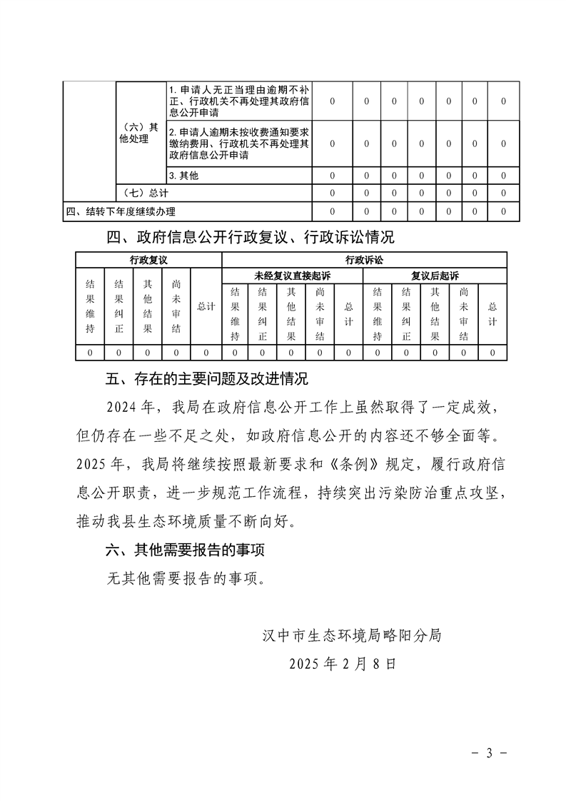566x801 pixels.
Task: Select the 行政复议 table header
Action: coord(148,261)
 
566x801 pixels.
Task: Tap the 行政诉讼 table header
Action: coord(364,261)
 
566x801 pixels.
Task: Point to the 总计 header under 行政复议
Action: coord(206,307)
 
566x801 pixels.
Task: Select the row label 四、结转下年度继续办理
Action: coord(121,211)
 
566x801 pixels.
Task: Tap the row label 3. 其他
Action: coord(183,176)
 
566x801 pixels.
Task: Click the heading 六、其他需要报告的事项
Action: coord(188,550)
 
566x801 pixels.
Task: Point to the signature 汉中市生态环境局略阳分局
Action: coord(352,635)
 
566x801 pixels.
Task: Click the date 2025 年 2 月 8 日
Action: coord(343,663)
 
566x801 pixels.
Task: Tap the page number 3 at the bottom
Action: coord(490,754)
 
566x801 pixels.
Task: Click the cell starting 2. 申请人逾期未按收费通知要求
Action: coord(238,144)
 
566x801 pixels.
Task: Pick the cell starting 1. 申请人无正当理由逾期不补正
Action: coord(238,101)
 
